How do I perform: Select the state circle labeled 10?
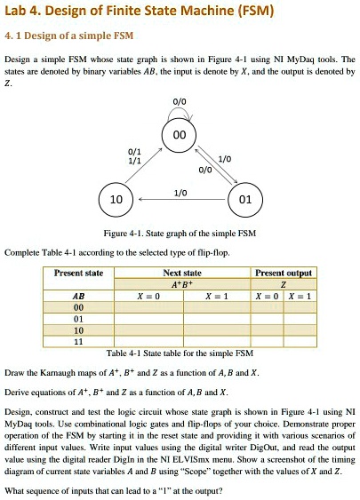[115, 198]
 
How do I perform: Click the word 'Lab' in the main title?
[20, 12]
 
